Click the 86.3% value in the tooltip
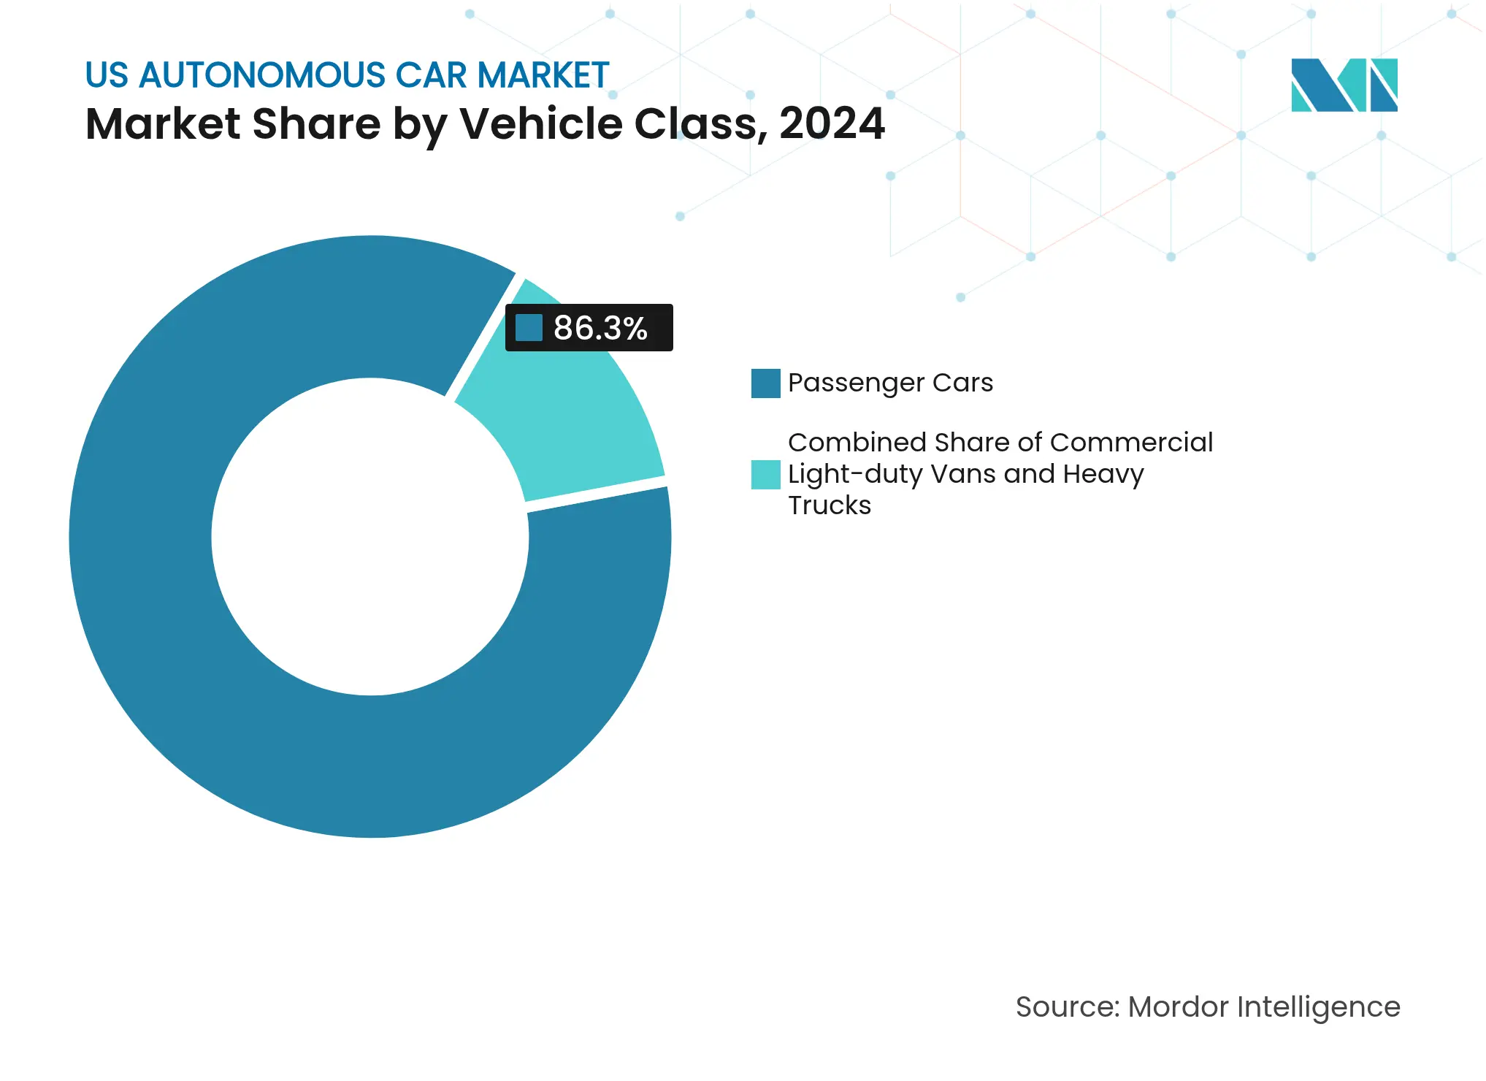[x=600, y=328]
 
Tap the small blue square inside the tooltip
[x=529, y=328]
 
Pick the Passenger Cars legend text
[x=890, y=383]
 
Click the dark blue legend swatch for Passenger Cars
[x=765, y=383]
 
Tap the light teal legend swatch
[x=765, y=474]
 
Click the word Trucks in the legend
[x=830, y=505]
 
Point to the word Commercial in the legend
[x=1131, y=443]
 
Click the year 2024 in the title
[x=832, y=123]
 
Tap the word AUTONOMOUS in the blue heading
[x=262, y=75]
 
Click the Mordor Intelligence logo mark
[x=1344, y=85]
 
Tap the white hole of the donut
[x=369, y=537]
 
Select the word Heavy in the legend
[x=1103, y=475]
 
